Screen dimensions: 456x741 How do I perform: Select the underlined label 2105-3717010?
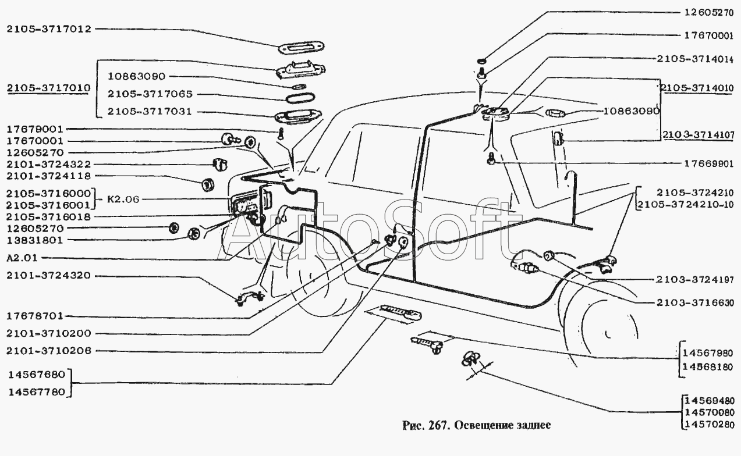pyautogui.click(x=49, y=88)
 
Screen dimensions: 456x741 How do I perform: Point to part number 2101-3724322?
pyautogui.click(x=49, y=165)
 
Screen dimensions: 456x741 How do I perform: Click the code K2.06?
pyautogui.click(x=124, y=199)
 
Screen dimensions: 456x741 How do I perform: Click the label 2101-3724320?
pyautogui.click(x=49, y=275)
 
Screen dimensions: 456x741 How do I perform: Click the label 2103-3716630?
pyautogui.click(x=696, y=303)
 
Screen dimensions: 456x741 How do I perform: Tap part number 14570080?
pyautogui.click(x=710, y=411)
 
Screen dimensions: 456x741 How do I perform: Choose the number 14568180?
pyautogui.click(x=709, y=366)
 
